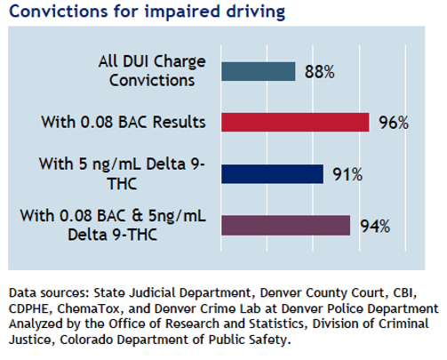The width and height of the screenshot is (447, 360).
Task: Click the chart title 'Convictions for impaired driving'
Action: (x=148, y=12)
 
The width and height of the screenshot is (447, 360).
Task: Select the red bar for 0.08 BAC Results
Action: (x=295, y=122)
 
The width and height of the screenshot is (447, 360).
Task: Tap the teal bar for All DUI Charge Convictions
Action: (x=259, y=71)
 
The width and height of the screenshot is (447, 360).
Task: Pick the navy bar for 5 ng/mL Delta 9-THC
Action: (x=273, y=174)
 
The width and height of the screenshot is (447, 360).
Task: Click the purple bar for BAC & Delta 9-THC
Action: (x=286, y=226)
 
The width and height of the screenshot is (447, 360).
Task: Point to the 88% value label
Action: (x=320, y=72)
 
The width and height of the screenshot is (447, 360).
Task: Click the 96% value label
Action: (x=394, y=123)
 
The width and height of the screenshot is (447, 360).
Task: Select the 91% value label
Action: (x=347, y=174)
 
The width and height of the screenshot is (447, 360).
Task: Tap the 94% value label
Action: (x=375, y=227)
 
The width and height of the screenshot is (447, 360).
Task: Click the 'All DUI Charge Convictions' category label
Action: (x=152, y=71)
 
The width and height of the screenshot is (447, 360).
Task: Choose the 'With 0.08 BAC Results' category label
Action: (x=124, y=122)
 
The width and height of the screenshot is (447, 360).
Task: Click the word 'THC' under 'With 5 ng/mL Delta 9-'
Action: (x=122, y=184)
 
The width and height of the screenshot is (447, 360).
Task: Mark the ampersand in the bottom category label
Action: (x=137, y=216)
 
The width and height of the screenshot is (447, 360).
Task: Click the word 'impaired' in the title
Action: (x=182, y=12)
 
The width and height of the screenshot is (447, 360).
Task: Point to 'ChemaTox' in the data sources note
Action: (x=88, y=308)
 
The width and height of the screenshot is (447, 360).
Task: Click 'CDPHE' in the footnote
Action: (x=28, y=309)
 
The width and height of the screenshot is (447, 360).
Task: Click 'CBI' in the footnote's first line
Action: (x=404, y=293)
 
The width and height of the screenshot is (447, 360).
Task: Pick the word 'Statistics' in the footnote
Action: (x=276, y=324)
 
